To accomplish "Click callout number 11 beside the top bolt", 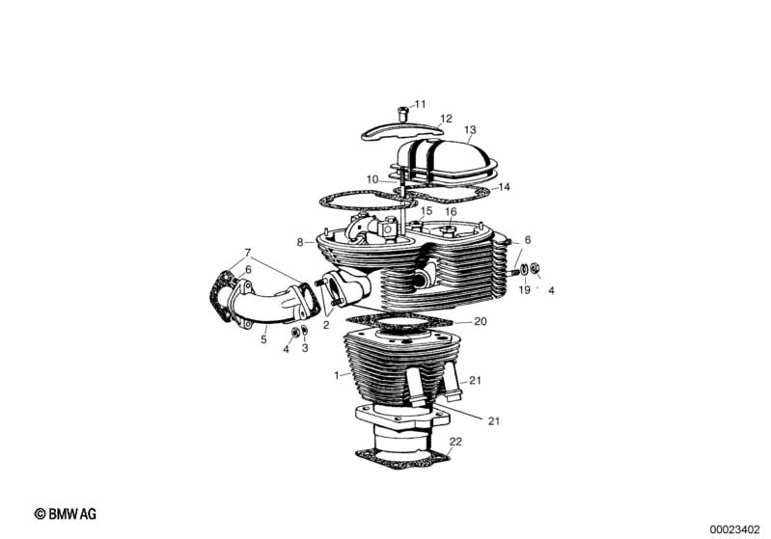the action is tap(420, 104).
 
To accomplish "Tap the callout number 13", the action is tap(470, 130).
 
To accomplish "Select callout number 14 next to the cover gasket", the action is tap(504, 187).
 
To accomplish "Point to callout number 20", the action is tap(481, 321).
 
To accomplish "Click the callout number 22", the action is tap(455, 442).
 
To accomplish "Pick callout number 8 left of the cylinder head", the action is tap(300, 242).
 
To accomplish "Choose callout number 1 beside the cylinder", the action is tap(337, 376).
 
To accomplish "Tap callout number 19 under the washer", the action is tap(525, 290).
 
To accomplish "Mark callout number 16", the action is tap(451, 212).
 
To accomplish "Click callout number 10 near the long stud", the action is tap(372, 179).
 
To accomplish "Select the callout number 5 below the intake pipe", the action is tap(263, 339).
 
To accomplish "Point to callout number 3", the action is tap(305, 348).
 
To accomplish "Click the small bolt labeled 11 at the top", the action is tap(403, 114).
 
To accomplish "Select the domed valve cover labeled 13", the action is tap(445, 157).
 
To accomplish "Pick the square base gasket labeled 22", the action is tap(403, 460).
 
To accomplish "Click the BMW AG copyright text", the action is tap(66, 514).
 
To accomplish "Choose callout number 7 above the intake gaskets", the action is tap(248, 253).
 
